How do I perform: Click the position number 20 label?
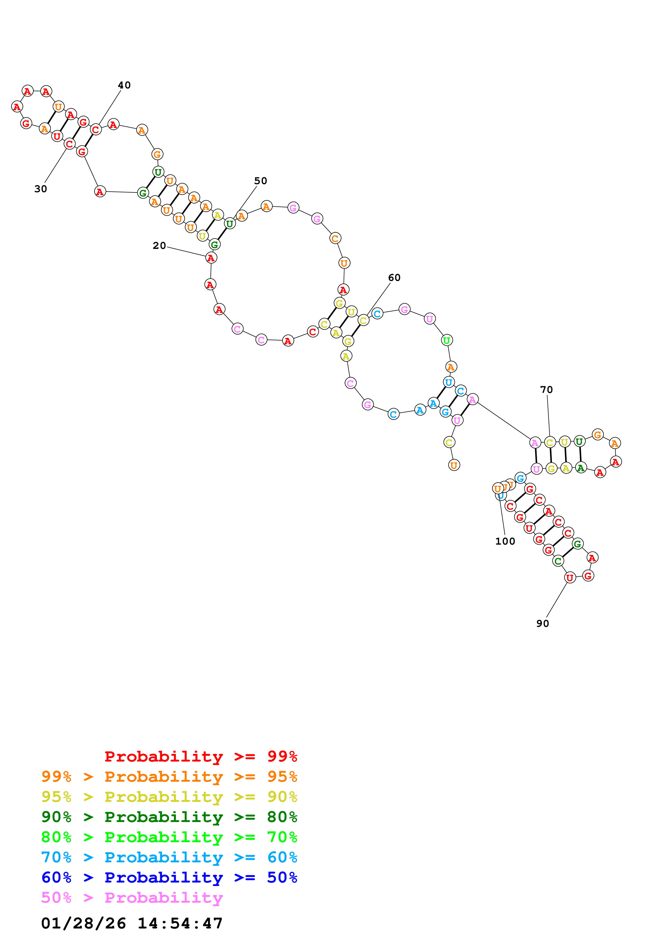point(159,246)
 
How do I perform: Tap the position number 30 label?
point(41,189)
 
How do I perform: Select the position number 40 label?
point(124,85)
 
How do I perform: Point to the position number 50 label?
point(260,181)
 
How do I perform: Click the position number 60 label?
point(394,278)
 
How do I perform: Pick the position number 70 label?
point(546,389)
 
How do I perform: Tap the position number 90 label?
point(542,623)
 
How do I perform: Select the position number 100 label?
point(505,541)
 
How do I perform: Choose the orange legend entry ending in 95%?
point(169,776)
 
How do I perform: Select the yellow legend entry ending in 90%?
point(169,796)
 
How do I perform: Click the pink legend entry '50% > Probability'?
point(132,897)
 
